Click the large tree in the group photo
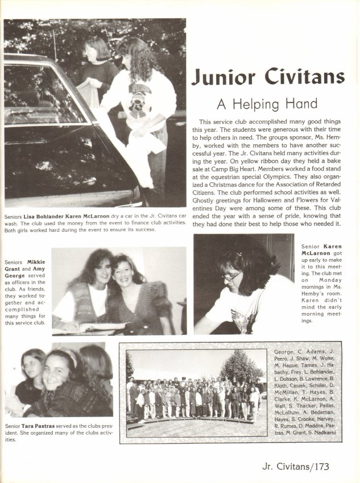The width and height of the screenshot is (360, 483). click(x=242, y=367)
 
